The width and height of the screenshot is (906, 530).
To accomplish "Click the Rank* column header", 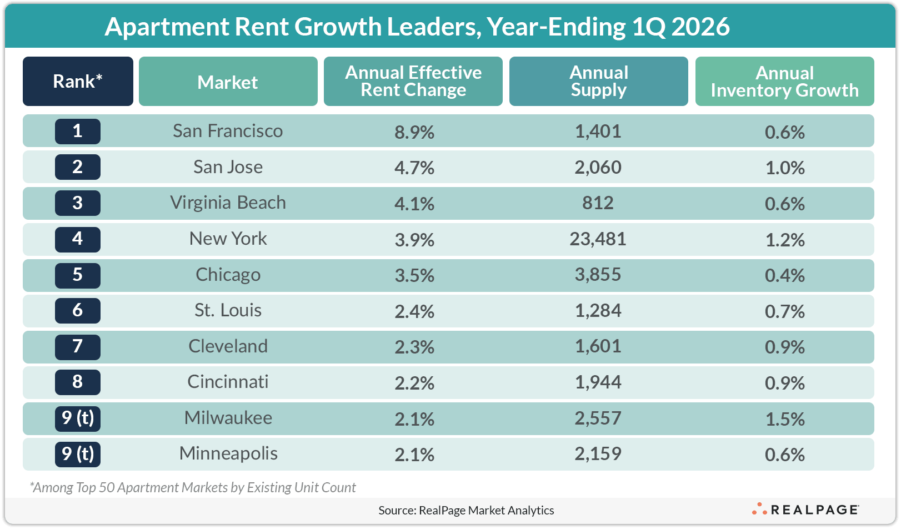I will point(78,82).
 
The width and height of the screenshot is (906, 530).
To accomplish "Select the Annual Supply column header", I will point(598,82).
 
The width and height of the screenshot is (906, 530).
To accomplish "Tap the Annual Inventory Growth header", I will point(784,82).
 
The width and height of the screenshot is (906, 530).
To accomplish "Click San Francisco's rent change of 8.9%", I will point(414,132).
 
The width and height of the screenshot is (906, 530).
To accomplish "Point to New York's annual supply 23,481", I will point(598,239).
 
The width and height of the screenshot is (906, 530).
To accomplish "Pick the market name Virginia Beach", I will point(228,203).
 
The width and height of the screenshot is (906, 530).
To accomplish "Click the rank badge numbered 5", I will point(78,275).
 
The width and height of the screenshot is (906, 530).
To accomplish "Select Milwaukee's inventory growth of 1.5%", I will point(784,419).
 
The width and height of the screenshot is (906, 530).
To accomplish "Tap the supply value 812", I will point(598,203).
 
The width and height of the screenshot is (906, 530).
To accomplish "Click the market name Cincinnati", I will point(228,382).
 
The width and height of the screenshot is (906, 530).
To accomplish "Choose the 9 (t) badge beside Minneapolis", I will point(78,454).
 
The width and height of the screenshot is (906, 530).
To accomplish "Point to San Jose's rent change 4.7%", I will point(414,168).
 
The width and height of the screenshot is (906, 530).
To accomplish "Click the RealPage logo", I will point(805,509).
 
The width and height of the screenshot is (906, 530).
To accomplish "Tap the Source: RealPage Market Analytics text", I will point(466,511).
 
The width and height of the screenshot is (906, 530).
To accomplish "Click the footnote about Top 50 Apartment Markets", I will point(193,487).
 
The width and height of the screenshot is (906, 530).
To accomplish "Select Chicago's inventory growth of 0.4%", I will point(784,275).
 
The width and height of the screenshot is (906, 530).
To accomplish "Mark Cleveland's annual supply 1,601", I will point(598,346).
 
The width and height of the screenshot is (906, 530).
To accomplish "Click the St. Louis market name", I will point(228,310).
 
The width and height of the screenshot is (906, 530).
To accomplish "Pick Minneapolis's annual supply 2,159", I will point(598,454).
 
